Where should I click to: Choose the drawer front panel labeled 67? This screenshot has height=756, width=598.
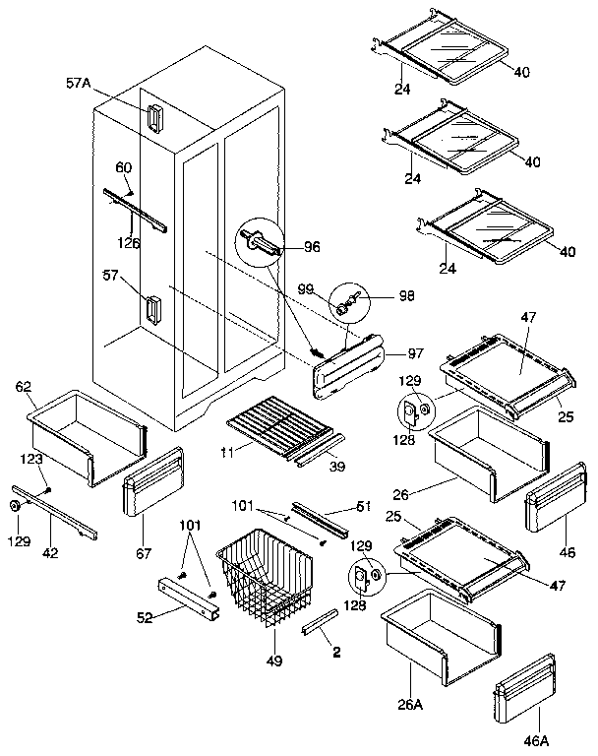[x=153, y=482]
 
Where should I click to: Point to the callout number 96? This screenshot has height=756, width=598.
[x=312, y=246]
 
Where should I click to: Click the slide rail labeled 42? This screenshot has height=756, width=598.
[x=53, y=513]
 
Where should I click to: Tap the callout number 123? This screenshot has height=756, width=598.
[x=31, y=459]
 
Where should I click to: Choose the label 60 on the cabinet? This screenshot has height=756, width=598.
[x=124, y=167]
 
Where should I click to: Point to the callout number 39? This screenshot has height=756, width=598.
[x=334, y=465]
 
